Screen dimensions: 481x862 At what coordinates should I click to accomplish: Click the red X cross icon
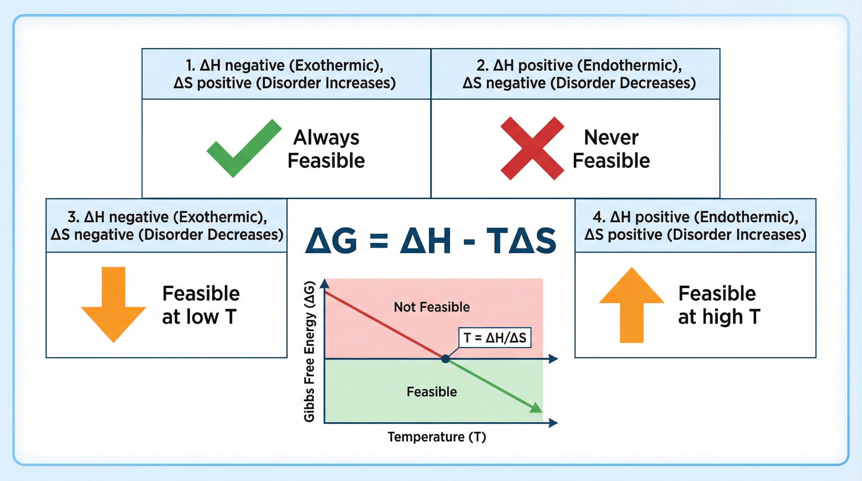532,148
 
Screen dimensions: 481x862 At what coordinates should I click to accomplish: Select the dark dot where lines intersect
445,359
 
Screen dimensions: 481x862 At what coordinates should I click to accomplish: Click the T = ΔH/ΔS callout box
495,338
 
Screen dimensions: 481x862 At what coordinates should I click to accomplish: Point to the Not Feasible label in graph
431,307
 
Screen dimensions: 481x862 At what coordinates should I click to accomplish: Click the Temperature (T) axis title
436,437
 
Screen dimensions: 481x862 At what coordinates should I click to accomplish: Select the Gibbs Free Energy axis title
309,351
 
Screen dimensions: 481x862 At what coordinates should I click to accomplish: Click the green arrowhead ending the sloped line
536,408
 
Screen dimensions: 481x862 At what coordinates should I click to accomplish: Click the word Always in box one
326,137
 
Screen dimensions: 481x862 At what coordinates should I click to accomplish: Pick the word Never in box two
611,137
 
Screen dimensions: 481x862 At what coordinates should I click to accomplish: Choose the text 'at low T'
199,317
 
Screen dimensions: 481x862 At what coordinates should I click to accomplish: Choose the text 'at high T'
719,317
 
